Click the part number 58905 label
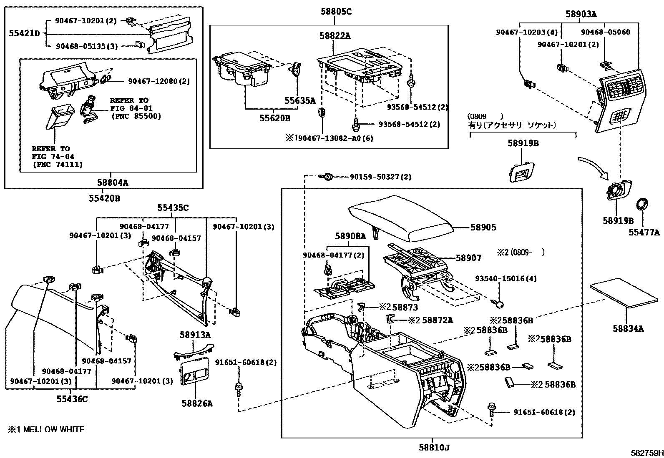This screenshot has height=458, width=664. click(x=483, y=228)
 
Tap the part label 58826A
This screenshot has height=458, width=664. click(x=197, y=403)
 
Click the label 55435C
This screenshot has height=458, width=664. click(x=173, y=208)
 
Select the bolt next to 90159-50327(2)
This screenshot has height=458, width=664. click(x=327, y=177)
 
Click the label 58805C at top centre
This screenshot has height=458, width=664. click(x=336, y=12)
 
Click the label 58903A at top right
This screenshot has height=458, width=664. click(x=581, y=14)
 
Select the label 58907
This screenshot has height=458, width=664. click(x=468, y=258)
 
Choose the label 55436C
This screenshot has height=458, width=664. click(x=72, y=399)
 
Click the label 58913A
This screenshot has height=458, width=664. click(x=195, y=335)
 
